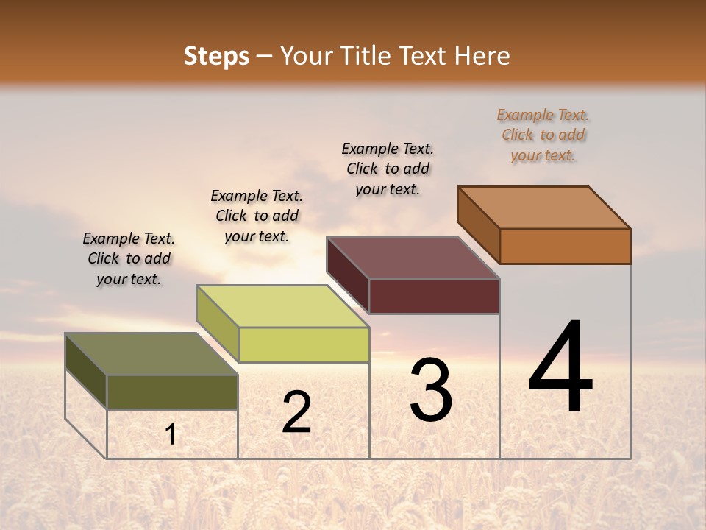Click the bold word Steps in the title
(x=216, y=56)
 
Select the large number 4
(x=561, y=367)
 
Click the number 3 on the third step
(x=431, y=389)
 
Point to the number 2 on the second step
(x=296, y=411)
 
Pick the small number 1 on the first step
(x=171, y=434)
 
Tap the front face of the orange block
(x=565, y=246)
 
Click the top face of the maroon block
(x=413, y=258)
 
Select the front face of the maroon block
(x=434, y=296)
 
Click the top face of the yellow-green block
(x=282, y=306)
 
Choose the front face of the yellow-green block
(x=304, y=344)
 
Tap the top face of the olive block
(x=151, y=354)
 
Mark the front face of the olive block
(x=172, y=392)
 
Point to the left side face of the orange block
(x=479, y=225)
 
